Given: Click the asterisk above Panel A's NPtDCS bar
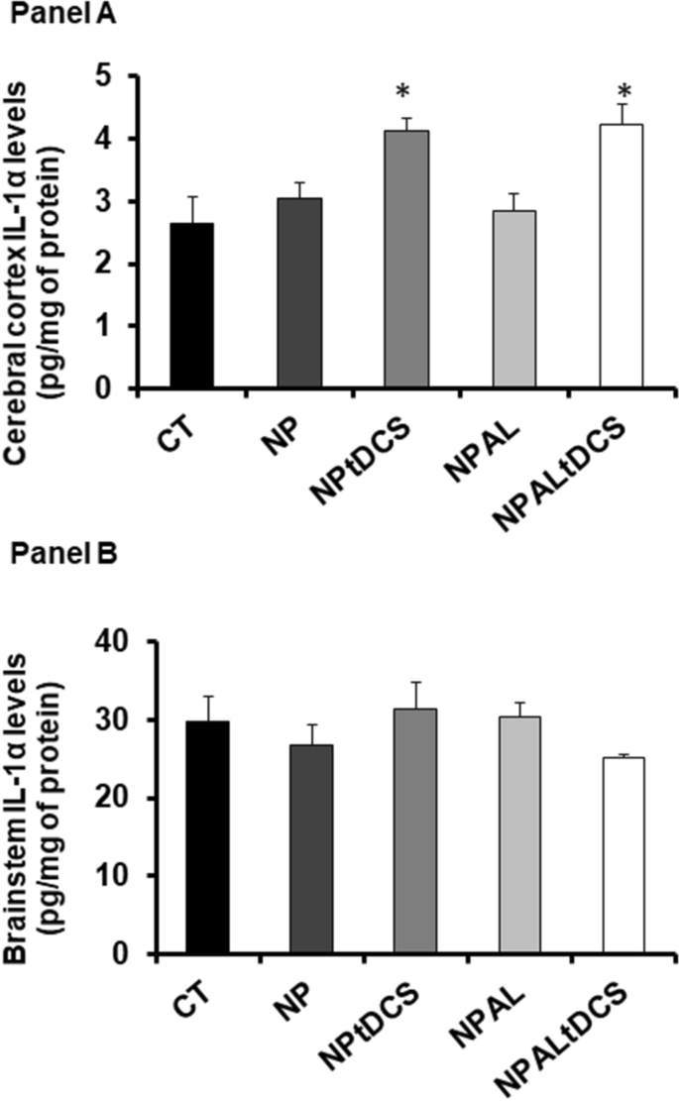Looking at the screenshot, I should pyautogui.click(x=402, y=93).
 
